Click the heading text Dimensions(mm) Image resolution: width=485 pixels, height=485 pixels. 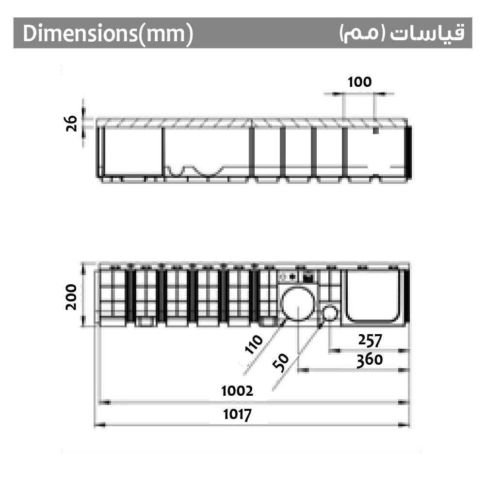point(108,33)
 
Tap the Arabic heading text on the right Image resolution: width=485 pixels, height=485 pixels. point(402,33)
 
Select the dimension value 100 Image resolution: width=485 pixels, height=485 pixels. point(359,82)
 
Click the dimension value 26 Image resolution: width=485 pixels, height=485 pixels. point(71,123)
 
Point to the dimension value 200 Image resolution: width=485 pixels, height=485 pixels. point(71,297)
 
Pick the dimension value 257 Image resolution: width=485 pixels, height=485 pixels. point(370,340)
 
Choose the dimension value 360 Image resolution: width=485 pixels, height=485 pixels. point(370,360)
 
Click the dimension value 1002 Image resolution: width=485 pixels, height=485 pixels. point(237,391)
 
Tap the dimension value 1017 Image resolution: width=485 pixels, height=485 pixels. point(237,414)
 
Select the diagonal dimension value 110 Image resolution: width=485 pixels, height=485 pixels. point(254,344)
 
